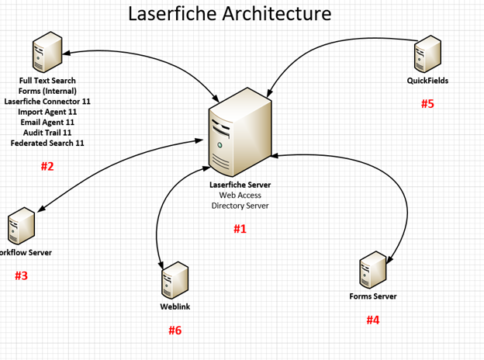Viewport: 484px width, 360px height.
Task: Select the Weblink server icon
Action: point(174,280)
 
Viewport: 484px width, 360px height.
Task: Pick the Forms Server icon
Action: point(373,270)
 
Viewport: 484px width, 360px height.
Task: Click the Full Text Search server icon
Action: point(47,53)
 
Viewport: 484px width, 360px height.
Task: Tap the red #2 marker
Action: point(47,166)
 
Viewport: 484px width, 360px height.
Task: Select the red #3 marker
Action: point(21,275)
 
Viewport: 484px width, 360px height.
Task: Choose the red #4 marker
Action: point(373,320)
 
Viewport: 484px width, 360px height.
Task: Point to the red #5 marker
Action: point(427,104)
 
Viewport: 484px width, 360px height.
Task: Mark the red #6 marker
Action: point(175,331)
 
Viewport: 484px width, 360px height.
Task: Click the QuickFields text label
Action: point(427,81)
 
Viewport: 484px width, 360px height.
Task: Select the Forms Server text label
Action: point(373,296)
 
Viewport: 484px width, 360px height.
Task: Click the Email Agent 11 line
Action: point(47,122)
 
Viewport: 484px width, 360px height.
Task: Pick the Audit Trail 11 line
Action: point(47,133)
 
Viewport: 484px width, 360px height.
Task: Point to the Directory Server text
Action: point(240,206)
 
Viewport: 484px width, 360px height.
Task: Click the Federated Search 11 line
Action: point(47,143)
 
